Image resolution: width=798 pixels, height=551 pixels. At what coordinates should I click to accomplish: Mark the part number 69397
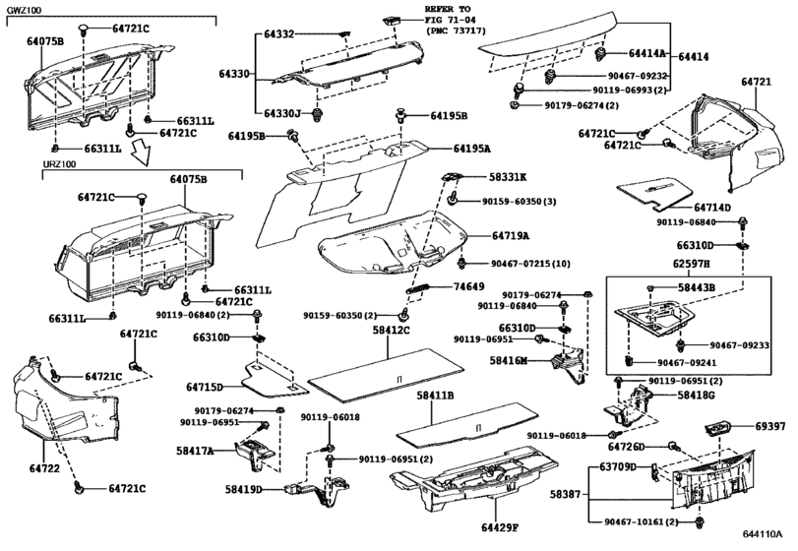(770, 428)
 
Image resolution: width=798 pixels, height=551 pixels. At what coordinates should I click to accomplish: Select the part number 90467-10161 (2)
(644, 521)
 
